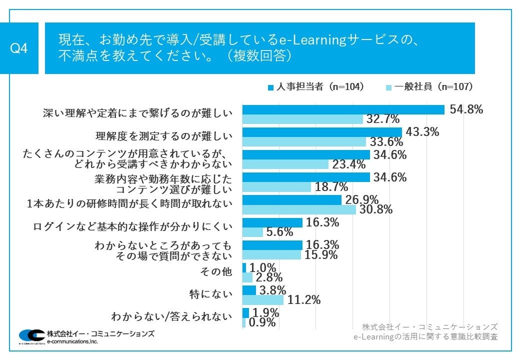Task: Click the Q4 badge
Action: [18, 48]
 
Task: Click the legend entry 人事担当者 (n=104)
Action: [315, 86]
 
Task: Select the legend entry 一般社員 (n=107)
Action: [429, 86]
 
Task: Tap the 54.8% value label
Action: [466, 110]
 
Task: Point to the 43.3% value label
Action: [422, 132]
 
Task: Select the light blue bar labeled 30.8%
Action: [299, 209]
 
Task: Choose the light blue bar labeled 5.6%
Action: [252, 232]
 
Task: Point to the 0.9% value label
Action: [262, 323]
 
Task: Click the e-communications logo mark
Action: [31, 335]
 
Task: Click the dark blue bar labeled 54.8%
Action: [343, 109]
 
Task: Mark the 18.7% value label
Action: [331, 187]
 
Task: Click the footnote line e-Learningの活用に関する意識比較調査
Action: [425, 337]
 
